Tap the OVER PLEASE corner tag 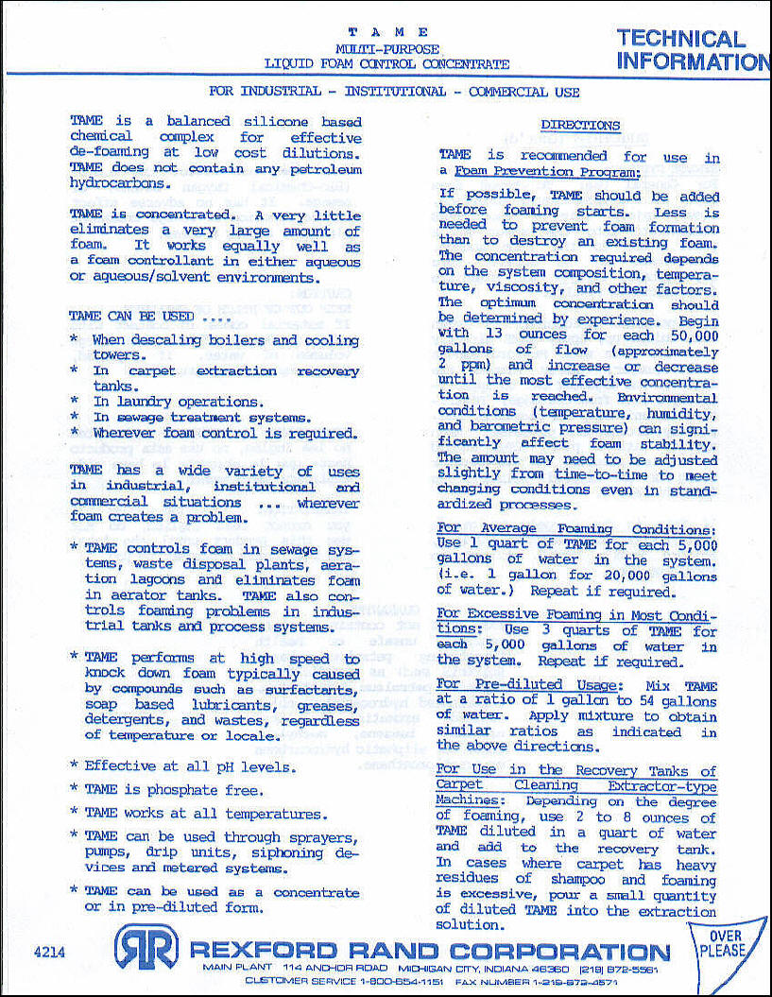coord(723,944)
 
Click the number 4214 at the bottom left coord(48,953)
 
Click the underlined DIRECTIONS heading coord(580,125)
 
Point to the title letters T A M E coord(387,32)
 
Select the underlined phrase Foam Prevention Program coord(547,172)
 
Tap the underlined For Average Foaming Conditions coord(577,529)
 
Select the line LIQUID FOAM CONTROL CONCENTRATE coord(386,63)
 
